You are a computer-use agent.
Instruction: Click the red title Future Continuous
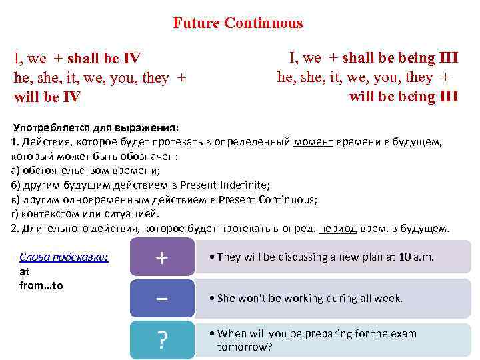point(238,23)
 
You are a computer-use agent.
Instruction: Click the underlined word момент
point(313,142)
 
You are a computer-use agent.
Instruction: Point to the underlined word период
point(338,229)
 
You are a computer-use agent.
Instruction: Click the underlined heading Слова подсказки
point(64,257)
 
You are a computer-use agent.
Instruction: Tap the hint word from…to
point(41,286)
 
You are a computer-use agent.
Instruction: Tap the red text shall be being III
point(400,58)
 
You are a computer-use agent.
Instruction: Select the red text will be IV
point(47,97)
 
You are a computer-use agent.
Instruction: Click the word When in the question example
point(232,334)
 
